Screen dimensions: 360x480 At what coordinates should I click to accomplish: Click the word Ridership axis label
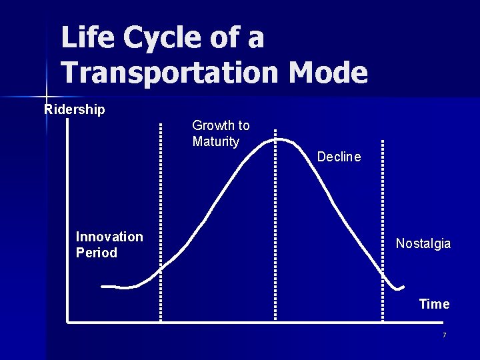(x=75, y=109)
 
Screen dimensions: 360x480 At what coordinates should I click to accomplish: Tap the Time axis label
(x=434, y=304)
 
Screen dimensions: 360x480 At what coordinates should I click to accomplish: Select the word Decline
(x=339, y=157)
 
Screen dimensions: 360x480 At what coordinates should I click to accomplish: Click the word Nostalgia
(x=423, y=243)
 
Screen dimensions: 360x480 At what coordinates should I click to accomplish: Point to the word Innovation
(x=109, y=237)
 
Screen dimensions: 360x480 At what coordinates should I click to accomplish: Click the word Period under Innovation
(x=97, y=253)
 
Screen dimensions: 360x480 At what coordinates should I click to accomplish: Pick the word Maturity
(x=215, y=141)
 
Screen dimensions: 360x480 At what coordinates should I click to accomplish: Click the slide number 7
(x=444, y=335)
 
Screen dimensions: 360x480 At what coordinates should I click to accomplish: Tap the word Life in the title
(x=88, y=37)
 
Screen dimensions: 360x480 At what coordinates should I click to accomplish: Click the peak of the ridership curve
(x=282, y=139)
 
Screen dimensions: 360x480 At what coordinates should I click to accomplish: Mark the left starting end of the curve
(x=102, y=287)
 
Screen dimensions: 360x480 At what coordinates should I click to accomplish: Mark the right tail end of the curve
(x=403, y=287)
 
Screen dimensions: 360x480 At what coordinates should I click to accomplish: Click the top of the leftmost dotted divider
(x=161, y=124)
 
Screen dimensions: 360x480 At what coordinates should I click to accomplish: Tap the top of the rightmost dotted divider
(x=383, y=142)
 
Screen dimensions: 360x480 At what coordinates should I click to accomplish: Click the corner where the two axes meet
(x=68, y=322)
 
